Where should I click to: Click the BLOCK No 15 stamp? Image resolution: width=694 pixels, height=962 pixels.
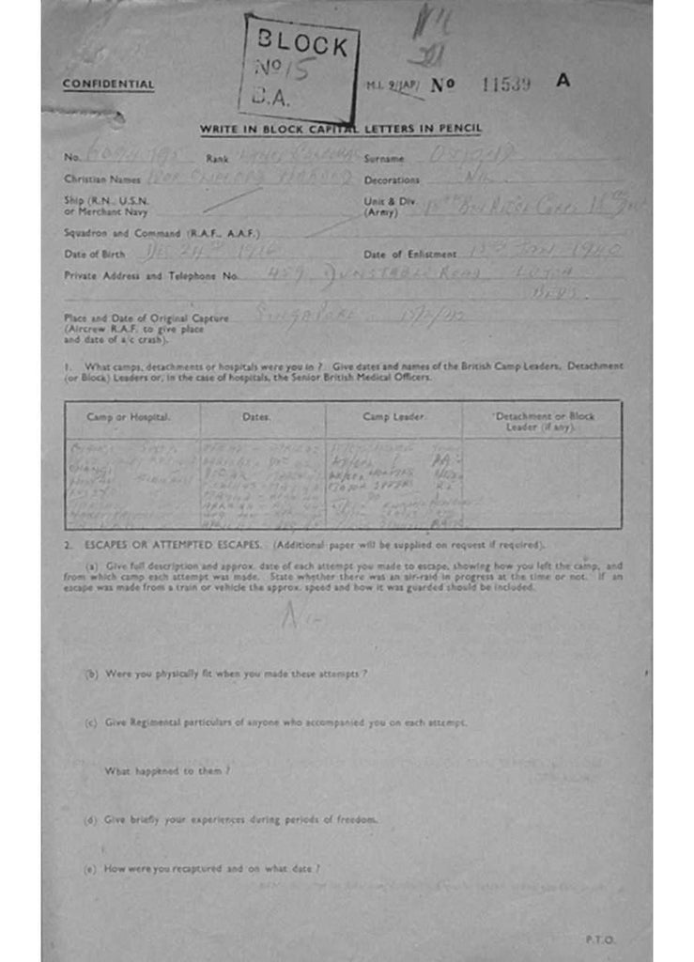click(x=301, y=68)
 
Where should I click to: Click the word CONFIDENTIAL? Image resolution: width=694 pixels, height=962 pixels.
click(x=109, y=85)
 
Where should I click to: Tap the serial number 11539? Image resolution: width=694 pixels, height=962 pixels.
click(x=505, y=84)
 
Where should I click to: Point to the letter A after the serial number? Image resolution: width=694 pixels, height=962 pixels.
click(x=563, y=81)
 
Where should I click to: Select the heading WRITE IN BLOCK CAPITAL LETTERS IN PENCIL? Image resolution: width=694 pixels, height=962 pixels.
click(x=340, y=129)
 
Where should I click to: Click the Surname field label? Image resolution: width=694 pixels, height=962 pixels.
click(x=384, y=159)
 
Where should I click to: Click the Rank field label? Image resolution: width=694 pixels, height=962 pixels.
click(x=217, y=159)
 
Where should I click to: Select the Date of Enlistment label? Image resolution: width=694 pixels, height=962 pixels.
click(x=409, y=255)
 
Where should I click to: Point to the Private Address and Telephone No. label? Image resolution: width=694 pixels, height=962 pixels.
click(x=150, y=275)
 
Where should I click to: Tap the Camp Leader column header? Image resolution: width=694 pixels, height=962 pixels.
click(x=393, y=416)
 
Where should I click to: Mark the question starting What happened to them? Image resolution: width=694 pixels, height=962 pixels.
click(x=167, y=771)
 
